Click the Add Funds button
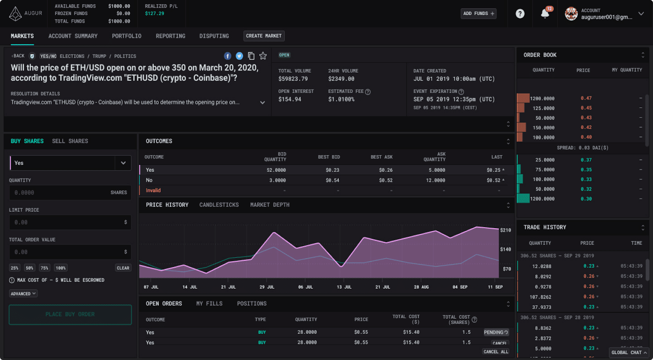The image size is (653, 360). coord(478,13)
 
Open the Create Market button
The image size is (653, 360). coord(264,36)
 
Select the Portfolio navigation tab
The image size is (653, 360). coord(127,36)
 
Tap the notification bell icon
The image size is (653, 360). coord(545,14)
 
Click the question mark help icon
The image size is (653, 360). coord(520,14)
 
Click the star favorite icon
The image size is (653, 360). coord(263,56)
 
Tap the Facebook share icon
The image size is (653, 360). coord(228,56)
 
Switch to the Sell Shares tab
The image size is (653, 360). coord(70,141)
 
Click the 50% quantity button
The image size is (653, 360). coord(29,268)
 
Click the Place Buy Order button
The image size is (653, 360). coord(70,314)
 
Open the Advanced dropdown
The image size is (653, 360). coord(23,293)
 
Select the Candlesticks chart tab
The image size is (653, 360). coord(219,205)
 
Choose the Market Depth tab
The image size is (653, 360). coord(270,205)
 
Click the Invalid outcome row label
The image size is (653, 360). coord(153,191)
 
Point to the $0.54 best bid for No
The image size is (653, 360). coord(332,180)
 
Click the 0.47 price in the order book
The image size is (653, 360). coord(586,98)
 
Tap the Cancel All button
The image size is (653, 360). coord(496,351)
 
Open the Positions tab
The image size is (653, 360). coord(251,304)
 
